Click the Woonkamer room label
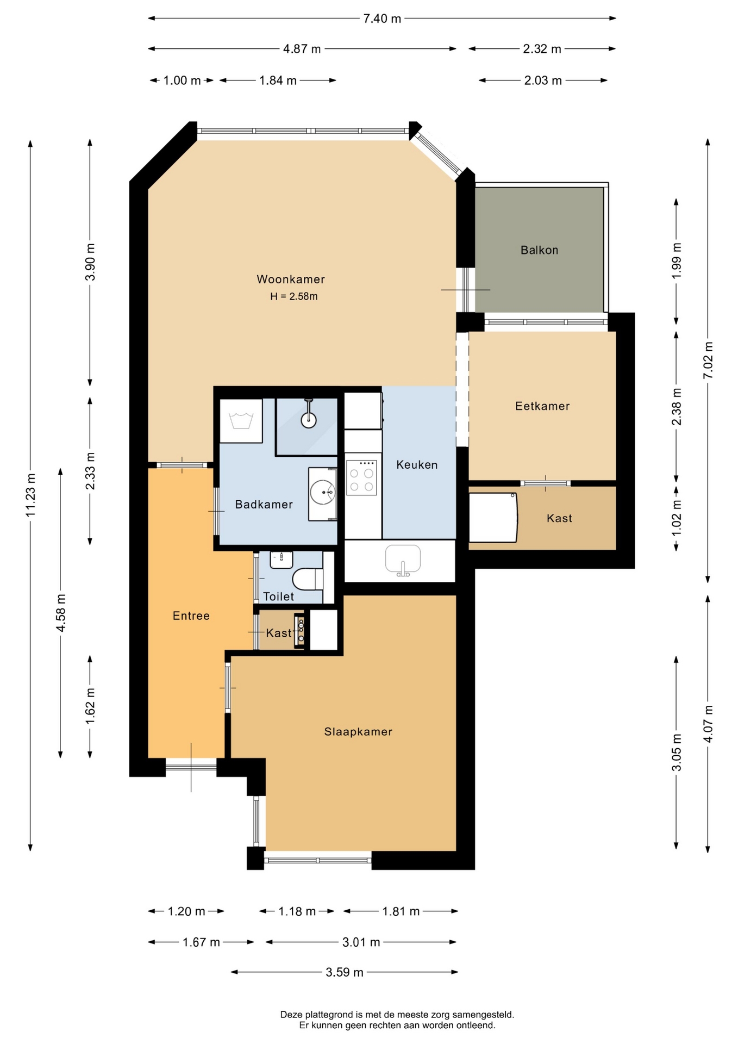(291, 279)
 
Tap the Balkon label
(539, 250)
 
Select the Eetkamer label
(542, 406)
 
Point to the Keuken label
(417, 465)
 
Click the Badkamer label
(264, 505)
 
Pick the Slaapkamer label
(358, 732)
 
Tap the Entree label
(191, 616)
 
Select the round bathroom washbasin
(323, 493)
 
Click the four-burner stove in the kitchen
(361, 477)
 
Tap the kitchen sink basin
(403, 560)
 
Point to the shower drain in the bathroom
(309, 420)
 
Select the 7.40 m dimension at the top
(382, 18)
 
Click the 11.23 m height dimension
(30, 495)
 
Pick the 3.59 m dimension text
(345, 972)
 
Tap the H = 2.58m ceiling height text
(294, 297)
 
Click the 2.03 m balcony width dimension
(543, 80)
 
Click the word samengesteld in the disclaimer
(485, 1015)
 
